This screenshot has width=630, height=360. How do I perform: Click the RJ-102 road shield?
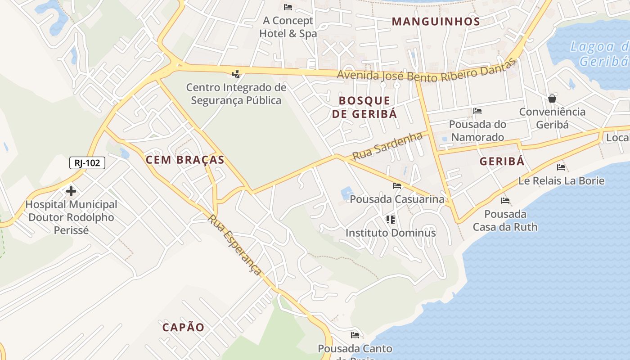tap(87, 163)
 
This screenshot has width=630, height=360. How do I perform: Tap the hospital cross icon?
tap(71, 191)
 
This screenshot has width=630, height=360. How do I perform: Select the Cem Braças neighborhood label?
tap(185, 160)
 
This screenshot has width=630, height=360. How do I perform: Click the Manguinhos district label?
tap(436, 21)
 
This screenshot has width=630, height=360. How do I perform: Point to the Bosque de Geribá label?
tap(364, 107)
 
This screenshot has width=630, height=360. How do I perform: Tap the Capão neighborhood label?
tap(183, 327)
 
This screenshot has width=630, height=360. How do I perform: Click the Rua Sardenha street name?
tap(387, 146)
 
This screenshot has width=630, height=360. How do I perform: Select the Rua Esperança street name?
tap(234, 244)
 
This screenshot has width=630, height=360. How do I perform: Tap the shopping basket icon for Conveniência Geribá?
tap(552, 99)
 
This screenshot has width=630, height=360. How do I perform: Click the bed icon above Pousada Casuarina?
tap(396, 185)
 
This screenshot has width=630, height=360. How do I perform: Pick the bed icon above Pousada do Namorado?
tap(477, 111)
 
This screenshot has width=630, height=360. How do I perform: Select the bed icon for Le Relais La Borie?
tap(561, 167)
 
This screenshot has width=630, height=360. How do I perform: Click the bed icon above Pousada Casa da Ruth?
tap(505, 201)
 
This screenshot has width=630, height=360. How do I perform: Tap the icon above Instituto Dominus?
tap(390, 220)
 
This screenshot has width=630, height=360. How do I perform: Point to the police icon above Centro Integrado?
tap(236, 74)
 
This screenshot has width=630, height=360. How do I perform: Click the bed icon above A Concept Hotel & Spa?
tap(288, 7)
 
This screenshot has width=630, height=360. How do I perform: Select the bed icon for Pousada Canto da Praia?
tap(355, 335)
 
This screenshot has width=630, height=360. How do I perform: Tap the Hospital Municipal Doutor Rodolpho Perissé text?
tap(71, 217)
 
